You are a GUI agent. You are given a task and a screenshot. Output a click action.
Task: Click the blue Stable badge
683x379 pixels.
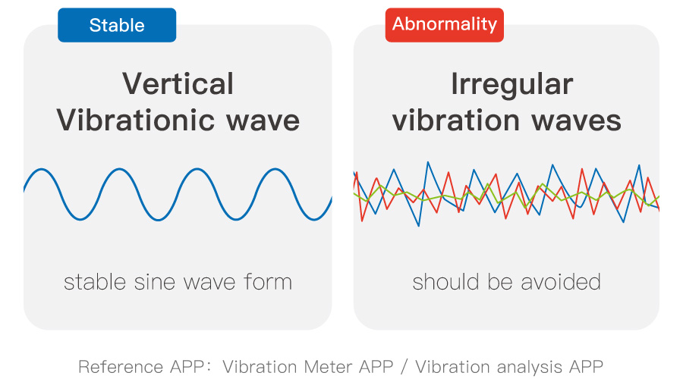(117, 25)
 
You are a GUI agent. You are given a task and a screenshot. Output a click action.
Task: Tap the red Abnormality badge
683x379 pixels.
(444, 25)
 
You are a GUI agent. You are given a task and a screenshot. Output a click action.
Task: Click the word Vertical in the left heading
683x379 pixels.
(178, 83)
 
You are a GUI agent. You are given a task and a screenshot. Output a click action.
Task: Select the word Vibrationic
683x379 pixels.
(136, 120)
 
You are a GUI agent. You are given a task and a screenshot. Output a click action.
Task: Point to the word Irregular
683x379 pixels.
(511, 85)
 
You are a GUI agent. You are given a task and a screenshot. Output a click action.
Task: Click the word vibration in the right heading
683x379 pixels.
(456, 120)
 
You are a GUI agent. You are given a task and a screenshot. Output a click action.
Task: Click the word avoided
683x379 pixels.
(561, 282)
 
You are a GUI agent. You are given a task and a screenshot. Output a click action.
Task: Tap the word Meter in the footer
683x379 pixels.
(329, 367)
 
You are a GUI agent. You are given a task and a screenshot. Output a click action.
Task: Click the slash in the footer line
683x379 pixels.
(404, 368)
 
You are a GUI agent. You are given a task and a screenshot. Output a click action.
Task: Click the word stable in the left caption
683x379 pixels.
(96, 282)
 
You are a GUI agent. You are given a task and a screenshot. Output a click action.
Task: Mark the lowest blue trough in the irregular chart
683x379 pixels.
(419, 226)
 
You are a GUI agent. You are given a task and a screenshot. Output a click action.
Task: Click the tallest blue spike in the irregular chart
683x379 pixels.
(428, 163)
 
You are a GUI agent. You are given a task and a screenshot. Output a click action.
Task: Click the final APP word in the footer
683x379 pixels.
(587, 367)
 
